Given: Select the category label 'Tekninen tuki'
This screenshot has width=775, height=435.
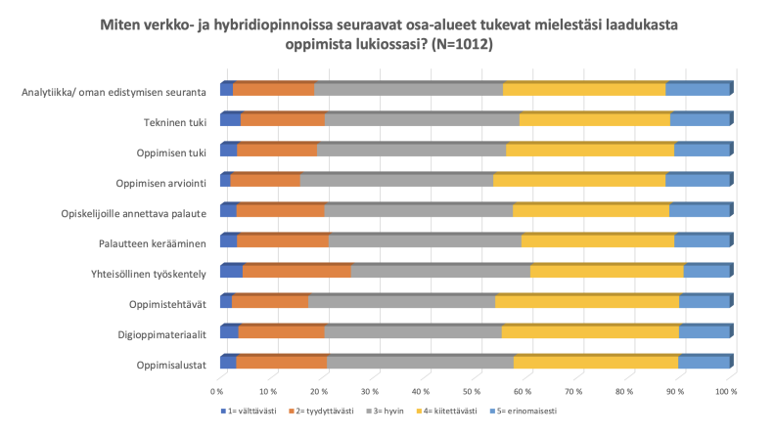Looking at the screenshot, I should pos(169,122).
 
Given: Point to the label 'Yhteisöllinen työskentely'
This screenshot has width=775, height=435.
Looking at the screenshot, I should pos(143,275).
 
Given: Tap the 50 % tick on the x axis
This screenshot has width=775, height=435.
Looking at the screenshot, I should pos(474,391).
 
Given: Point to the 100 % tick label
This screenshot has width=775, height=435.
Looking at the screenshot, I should pos(726,391).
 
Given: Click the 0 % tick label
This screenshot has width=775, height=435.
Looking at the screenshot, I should pos(218,391).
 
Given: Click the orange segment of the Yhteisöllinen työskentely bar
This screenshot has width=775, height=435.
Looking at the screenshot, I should pos(296,272).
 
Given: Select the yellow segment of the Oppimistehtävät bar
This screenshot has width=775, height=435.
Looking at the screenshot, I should pos(586,302).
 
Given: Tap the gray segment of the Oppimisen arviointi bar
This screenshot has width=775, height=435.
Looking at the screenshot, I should pos(396,181).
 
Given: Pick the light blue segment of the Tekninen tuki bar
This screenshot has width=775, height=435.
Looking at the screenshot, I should pos(700,120).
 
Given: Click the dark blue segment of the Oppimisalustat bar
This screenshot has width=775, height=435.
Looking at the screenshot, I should pos(228,363).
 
